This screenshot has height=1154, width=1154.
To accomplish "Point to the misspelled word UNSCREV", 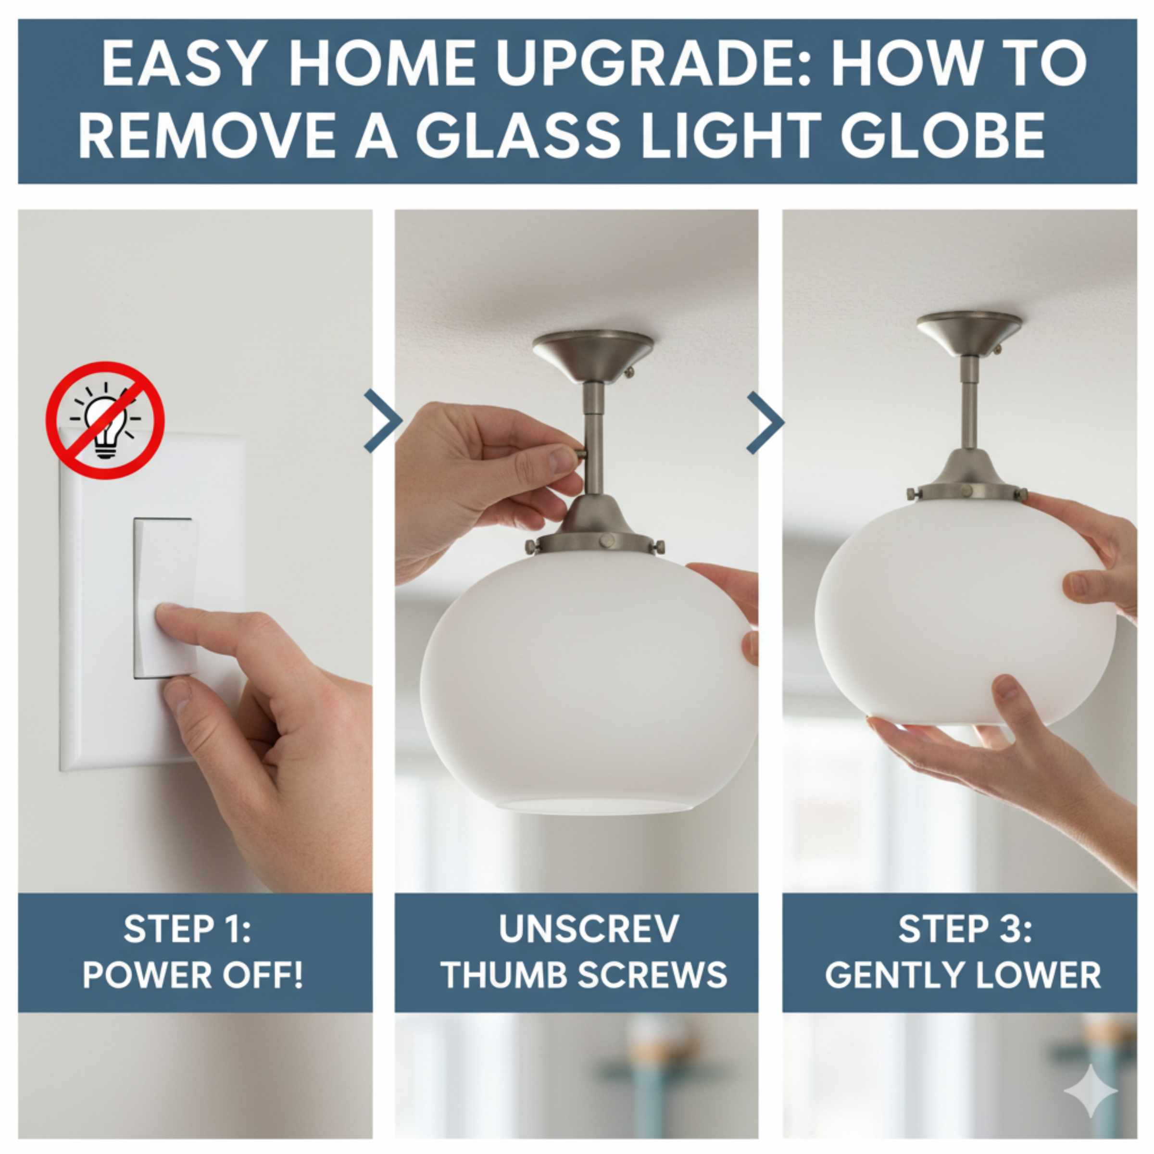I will coord(589,929).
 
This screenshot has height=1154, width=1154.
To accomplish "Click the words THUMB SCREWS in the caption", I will coord(584,976).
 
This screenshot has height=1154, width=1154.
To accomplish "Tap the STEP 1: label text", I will coord(188,929).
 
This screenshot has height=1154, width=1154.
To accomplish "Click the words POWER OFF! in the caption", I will coord(192,976).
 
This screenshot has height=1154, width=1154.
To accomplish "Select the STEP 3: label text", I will coord(965,929).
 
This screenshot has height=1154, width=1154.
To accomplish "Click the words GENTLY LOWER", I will coord(963,976).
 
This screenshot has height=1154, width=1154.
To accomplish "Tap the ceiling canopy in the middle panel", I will coord(593,355).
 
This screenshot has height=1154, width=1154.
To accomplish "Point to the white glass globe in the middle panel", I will coord(582,681).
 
